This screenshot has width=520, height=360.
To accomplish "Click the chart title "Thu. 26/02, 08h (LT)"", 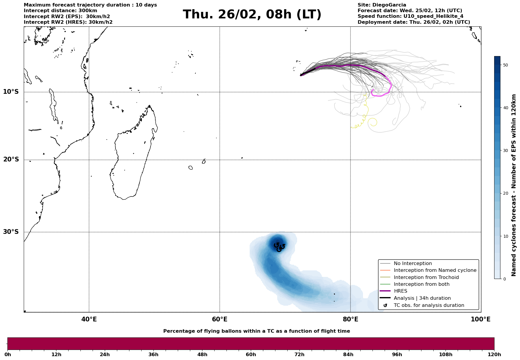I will pyautogui.click(x=252, y=15).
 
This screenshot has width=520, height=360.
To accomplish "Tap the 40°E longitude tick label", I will pyautogui.click(x=89, y=320).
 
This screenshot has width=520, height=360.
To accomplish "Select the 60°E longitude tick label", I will pyautogui.click(x=220, y=320).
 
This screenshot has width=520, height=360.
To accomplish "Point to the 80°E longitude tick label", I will pyautogui.click(x=351, y=320).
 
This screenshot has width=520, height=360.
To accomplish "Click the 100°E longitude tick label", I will pyautogui.click(x=481, y=320).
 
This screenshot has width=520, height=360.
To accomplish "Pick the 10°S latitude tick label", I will pyautogui.click(x=11, y=92).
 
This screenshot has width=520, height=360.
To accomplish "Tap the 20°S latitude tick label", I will pyautogui.click(x=11, y=160).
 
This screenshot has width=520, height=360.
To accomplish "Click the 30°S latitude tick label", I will pyautogui.click(x=11, y=232).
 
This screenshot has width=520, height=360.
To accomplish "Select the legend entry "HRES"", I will pyautogui.click(x=400, y=291).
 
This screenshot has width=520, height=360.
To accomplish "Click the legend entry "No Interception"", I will pyautogui.click(x=413, y=264).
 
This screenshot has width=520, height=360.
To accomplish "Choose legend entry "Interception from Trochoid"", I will pyautogui.click(x=426, y=277).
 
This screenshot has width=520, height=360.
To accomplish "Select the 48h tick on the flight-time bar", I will pyautogui.click(x=202, y=354).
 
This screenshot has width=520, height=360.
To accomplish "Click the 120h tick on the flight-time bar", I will pyautogui.click(x=494, y=354).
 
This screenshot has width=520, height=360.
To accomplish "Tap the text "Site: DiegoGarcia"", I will pyautogui.click(x=382, y=5).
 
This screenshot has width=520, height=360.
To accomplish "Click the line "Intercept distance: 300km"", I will pyautogui.click(x=61, y=11).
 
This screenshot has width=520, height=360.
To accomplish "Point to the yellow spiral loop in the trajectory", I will pyautogui.click(x=373, y=122).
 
